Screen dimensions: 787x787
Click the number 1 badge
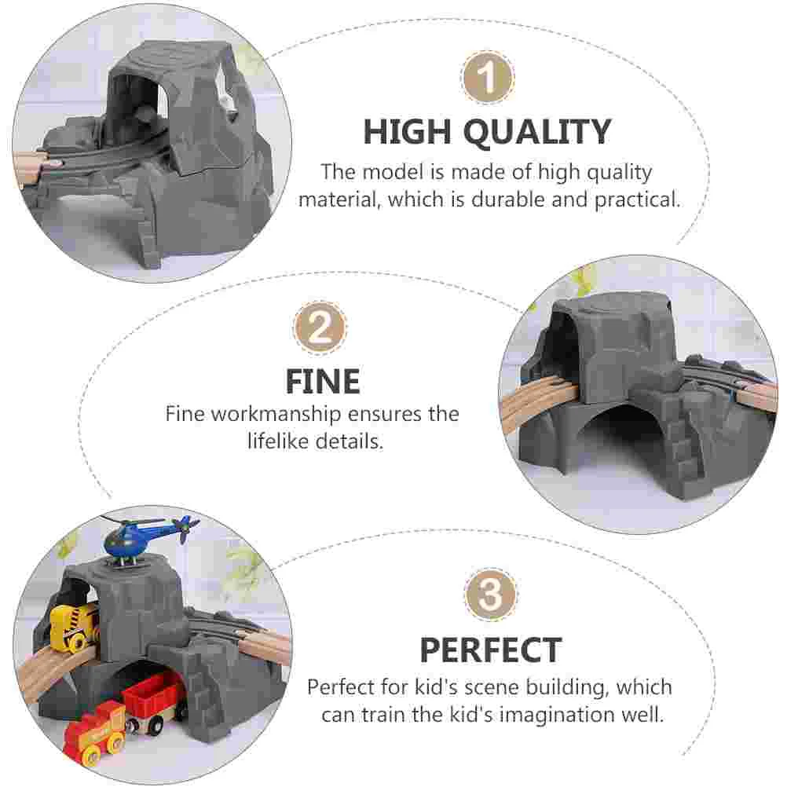click(x=487, y=78)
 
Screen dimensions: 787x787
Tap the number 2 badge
click(x=320, y=328)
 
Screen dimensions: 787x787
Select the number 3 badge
click(x=490, y=595)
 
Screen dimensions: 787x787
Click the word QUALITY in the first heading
click(x=536, y=133)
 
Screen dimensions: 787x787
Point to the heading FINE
click(x=323, y=382)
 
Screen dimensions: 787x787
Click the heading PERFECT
click(x=491, y=650)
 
